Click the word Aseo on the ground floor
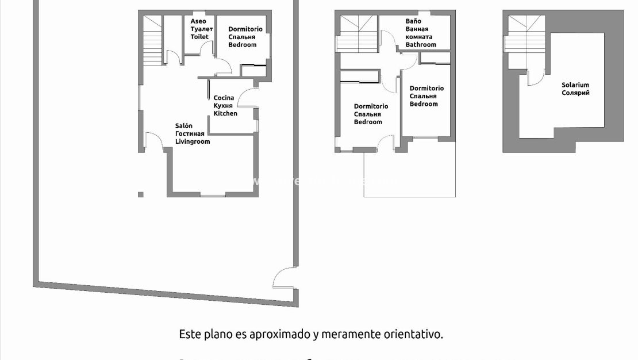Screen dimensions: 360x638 tap(198, 21)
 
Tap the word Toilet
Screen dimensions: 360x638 tap(199, 37)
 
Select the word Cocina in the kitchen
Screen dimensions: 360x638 tap(224, 98)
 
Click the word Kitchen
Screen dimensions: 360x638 tap(225, 114)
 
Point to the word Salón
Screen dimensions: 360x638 tap(184, 125)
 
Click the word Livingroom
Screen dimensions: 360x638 tap(193, 141)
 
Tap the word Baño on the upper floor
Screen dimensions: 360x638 tap(413, 21)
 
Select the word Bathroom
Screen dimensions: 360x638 tap(421, 45)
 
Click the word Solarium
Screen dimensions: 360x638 tap(575, 85)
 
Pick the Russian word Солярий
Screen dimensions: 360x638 tap(575, 93)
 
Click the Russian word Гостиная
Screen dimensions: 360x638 tap(190, 133)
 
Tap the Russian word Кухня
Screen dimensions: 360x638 tap(223, 106)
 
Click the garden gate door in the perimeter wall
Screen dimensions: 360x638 tap(285, 278)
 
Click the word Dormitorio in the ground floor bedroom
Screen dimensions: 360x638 tap(245, 29)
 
